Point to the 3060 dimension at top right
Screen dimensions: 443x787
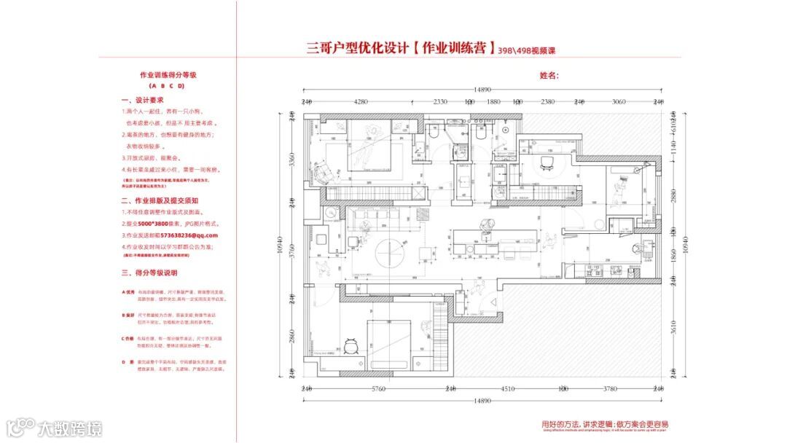pos(619,102)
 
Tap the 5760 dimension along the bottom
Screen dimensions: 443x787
pos(377,389)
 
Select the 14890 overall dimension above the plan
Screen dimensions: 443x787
pos(482,90)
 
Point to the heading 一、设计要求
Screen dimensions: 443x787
pos(142,100)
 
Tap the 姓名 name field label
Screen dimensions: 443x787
pos(549,75)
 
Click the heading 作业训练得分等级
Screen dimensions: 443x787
pos(168,75)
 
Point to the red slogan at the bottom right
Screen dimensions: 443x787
pos(605,424)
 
